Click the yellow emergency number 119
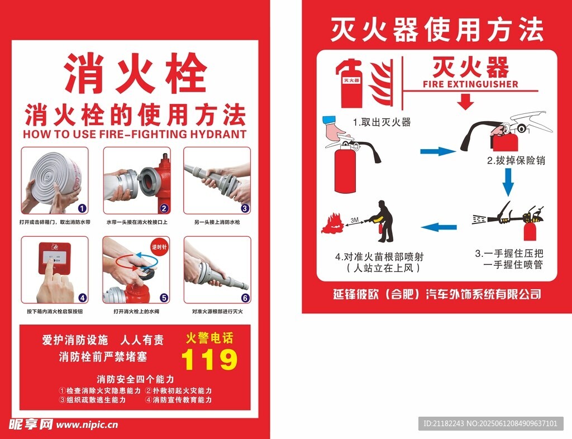click(209, 359)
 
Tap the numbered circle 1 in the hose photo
click(83, 208)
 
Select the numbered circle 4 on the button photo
click(83, 298)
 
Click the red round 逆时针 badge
click(159, 247)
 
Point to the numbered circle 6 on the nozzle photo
click(245, 298)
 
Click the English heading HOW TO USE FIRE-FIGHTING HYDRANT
click(135, 134)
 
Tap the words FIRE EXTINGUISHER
click(470, 84)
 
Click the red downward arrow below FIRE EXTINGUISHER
click(465, 101)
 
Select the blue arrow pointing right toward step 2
click(438, 151)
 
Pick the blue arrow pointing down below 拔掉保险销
click(508, 182)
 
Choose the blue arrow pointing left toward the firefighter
click(439, 227)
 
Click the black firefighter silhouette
click(383, 221)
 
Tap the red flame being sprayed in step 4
click(332, 224)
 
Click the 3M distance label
click(354, 220)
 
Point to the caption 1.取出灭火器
click(382, 122)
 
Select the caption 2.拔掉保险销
click(516, 160)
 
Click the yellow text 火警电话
click(209, 338)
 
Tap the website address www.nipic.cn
click(87, 425)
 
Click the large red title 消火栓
click(136, 73)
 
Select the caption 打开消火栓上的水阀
click(136, 312)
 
